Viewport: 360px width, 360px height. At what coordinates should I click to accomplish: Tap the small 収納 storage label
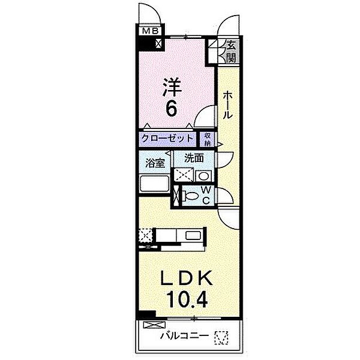coord(207,139)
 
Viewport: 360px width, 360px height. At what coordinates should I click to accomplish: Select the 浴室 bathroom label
coord(155,162)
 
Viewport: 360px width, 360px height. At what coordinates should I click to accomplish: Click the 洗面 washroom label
coord(194,159)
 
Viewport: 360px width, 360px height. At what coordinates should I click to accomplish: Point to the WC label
coord(205,195)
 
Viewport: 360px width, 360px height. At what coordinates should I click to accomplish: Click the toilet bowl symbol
coord(190,196)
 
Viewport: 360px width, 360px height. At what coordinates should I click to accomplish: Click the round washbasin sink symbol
coord(203,176)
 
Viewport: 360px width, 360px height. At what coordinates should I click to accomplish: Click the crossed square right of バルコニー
coord(223,338)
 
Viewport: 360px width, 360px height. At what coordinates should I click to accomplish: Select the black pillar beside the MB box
coord(146,44)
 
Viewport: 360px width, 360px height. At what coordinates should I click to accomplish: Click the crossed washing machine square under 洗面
coord(182,175)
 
